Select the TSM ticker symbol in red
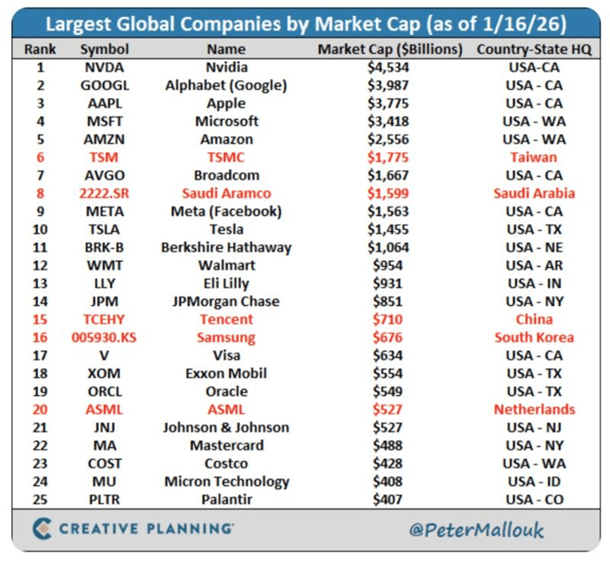(104, 157)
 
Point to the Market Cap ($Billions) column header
(391, 48)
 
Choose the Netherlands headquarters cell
(533, 410)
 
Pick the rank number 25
(40, 500)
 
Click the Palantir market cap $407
(386, 500)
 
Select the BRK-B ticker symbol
(104, 247)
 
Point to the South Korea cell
(533, 337)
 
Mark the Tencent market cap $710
(386, 320)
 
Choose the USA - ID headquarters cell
(533, 482)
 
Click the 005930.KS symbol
(104, 337)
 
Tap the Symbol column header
(104, 48)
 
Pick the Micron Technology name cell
(226, 482)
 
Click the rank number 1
(40, 67)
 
